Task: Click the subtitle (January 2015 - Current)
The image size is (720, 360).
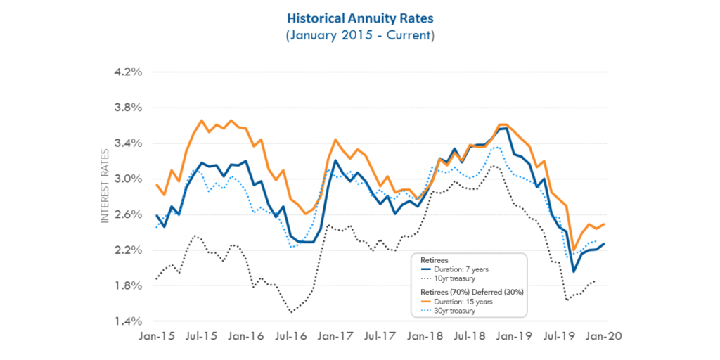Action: [360, 34]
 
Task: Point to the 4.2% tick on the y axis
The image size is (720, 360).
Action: [129, 72]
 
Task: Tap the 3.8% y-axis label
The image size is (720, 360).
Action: [129, 108]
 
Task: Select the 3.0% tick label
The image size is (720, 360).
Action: [129, 179]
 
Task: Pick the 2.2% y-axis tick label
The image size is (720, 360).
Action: [129, 250]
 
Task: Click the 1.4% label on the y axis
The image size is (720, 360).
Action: [129, 321]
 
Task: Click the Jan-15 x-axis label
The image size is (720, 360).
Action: [157, 337]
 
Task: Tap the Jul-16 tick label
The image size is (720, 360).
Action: [290, 337]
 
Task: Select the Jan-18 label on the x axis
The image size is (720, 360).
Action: [425, 337]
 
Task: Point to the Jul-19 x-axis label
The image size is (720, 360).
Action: [558, 337]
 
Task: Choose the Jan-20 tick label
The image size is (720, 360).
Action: [603, 337]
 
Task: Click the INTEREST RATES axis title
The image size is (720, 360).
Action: [105, 186]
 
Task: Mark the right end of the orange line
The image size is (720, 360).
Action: [605, 224]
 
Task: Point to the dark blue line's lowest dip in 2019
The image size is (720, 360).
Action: [574, 271]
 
